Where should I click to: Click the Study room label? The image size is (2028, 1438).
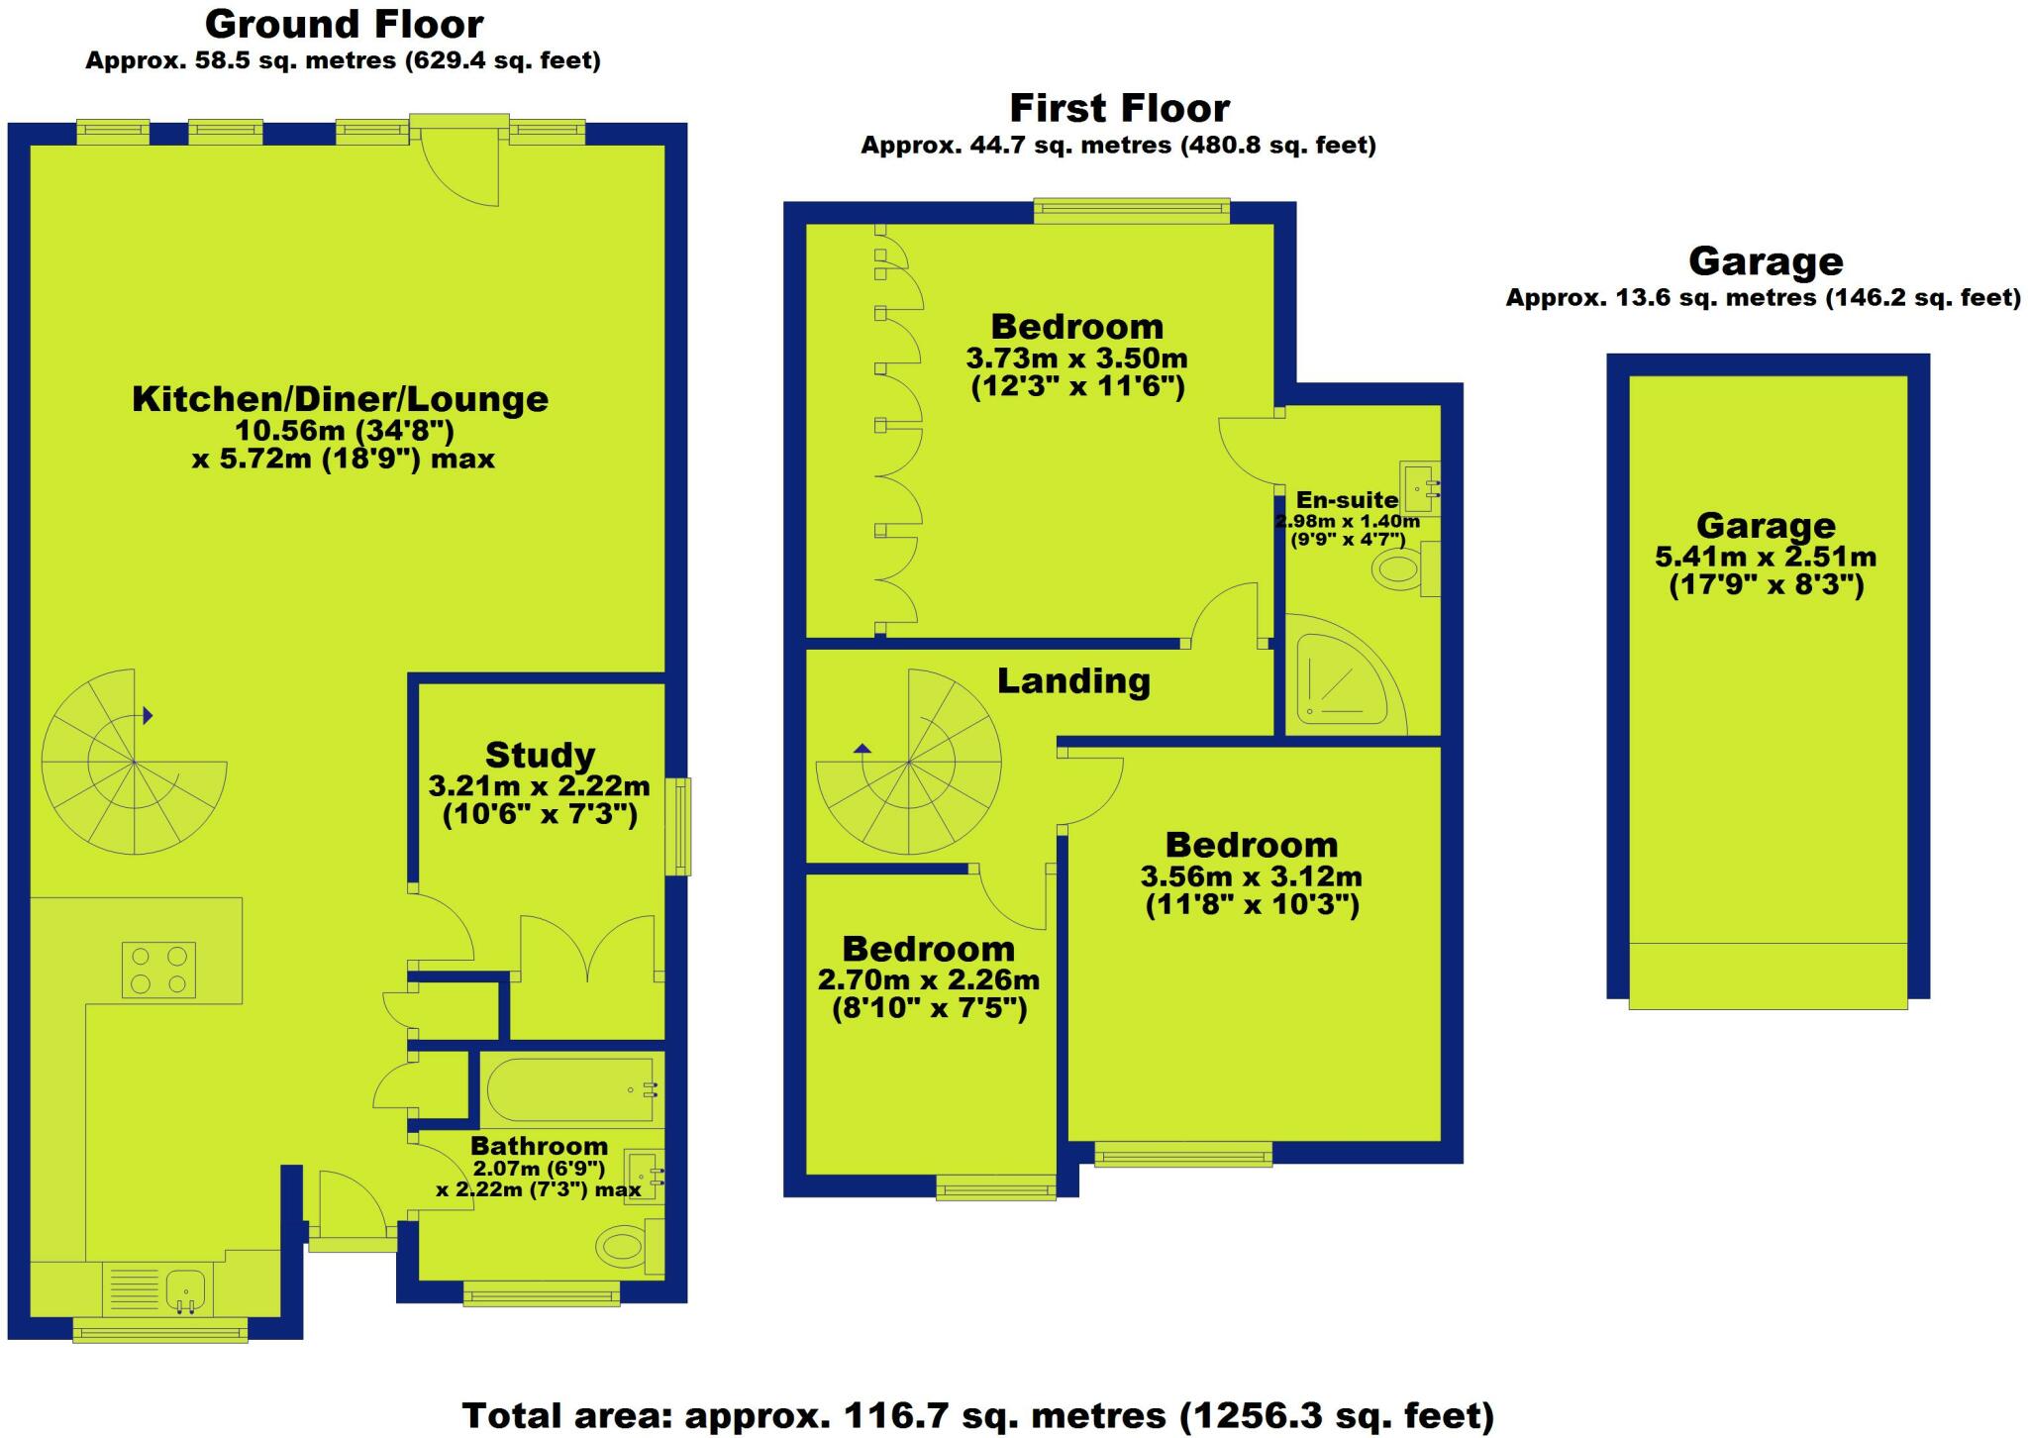pos(540,756)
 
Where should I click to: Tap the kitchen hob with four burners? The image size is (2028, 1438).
pos(158,970)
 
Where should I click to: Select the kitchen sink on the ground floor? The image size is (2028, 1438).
pos(185,1289)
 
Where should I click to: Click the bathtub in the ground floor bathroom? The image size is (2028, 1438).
pos(568,1090)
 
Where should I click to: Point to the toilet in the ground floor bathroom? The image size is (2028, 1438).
pos(625,1244)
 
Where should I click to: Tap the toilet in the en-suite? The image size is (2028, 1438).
pos(1400,569)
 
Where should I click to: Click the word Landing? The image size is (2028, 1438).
pos(1073,681)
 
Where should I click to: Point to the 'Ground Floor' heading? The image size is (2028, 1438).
pos(344,24)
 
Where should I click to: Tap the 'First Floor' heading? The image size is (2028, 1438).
pos(1119,107)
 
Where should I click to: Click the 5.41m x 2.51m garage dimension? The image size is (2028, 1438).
pos(1766,557)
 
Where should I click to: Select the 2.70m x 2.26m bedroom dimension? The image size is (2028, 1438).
pos(928,980)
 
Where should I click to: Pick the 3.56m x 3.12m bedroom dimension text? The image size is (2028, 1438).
pos(1251,876)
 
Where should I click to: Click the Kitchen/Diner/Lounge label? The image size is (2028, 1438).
pos(340,399)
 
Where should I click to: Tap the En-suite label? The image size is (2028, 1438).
pos(1347,500)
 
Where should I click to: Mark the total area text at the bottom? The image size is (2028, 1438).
pos(977,1415)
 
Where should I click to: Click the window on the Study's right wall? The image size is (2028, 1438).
pos(678,827)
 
